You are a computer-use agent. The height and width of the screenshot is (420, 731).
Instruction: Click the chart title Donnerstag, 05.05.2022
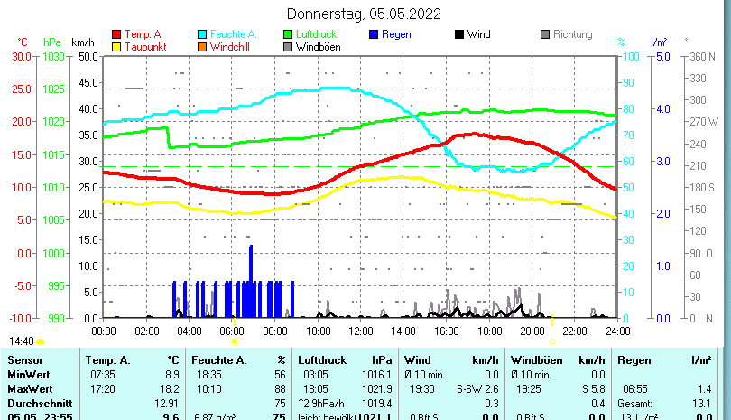[364, 14]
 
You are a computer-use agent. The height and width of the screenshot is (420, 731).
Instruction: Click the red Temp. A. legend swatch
[116, 34]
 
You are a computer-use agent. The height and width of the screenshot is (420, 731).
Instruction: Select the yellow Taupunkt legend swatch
[116, 47]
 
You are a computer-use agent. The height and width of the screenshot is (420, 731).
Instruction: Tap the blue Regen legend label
[397, 34]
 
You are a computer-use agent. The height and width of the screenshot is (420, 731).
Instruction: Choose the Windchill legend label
[232, 47]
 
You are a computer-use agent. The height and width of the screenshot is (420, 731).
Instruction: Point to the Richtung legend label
[572, 34]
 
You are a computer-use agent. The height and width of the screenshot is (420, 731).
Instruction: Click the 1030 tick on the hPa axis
[53, 56]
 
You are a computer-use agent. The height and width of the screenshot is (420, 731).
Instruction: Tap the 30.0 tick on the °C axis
[23, 56]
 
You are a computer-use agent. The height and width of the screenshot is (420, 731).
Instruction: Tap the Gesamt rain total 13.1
[700, 403]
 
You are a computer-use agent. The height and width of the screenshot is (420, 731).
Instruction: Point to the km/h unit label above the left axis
[82, 42]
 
